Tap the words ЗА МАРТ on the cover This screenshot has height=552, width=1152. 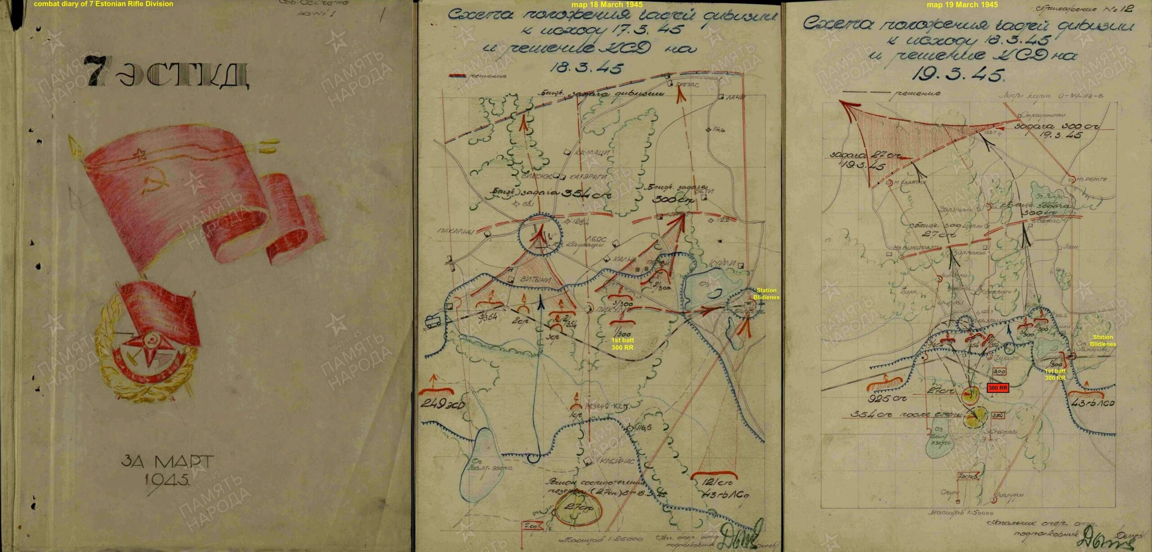click(x=166, y=462)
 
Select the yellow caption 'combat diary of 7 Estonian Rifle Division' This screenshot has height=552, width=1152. click(x=103, y=4)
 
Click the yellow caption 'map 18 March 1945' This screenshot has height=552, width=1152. click(x=607, y=4)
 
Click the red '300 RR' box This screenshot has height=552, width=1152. click(x=997, y=387)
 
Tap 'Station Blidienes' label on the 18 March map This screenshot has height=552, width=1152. click(x=766, y=294)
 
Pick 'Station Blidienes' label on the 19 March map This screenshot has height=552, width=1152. click(x=1102, y=341)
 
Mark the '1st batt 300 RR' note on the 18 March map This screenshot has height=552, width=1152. click(x=622, y=344)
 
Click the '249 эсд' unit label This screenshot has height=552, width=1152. click(x=442, y=404)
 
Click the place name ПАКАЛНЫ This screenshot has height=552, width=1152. click(x=456, y=231)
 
